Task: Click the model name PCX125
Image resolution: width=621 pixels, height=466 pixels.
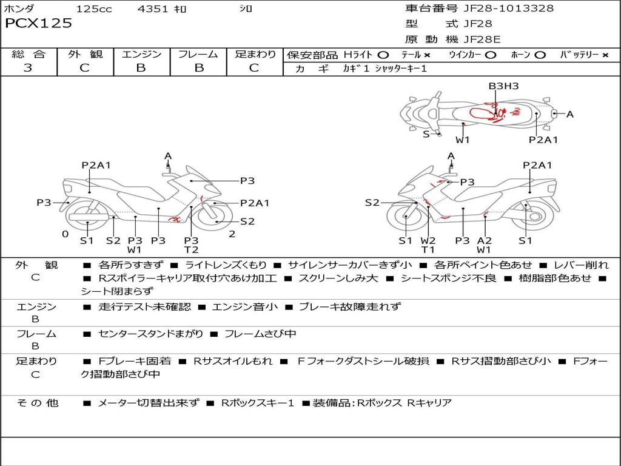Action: click(x=38, y=23)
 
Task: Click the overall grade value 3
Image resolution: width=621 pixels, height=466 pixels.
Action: click(x=28, y=68)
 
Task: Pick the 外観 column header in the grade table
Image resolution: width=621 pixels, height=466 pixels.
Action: click(x=85, y=54)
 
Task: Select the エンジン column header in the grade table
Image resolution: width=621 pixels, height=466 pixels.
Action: click(x=141, y=54)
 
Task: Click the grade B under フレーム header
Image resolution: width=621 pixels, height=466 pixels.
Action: click(x=199, y=68)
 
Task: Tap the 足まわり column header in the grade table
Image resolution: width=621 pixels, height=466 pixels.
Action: click(x=255, y=54)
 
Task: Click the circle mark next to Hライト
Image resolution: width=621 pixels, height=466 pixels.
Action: click(x=383, y=55)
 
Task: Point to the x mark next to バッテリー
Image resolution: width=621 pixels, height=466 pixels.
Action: click(x=605, y=55)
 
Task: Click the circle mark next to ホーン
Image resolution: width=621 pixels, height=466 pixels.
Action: click(x=540, y=55)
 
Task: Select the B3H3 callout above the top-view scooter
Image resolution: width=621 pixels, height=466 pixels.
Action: click(x=503, y=86)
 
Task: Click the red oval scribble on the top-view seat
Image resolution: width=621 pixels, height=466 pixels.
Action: click(x=482, y=113)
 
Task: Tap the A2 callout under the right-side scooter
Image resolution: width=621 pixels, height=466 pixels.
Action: click(x=484, y=240)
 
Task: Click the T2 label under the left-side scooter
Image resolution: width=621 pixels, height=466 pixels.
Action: click(x=191, y=250)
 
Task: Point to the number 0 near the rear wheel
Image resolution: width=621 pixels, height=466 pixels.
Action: click(x=65, y=234)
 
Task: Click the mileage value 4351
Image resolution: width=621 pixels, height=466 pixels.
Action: click(x=153, y=8)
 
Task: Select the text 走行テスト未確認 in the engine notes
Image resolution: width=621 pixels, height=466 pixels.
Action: click(x=144, y=306)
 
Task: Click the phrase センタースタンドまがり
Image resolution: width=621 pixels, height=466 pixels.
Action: click(x=150, y=334)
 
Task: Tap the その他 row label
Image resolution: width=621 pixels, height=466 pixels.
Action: click(x=37, y=403)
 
